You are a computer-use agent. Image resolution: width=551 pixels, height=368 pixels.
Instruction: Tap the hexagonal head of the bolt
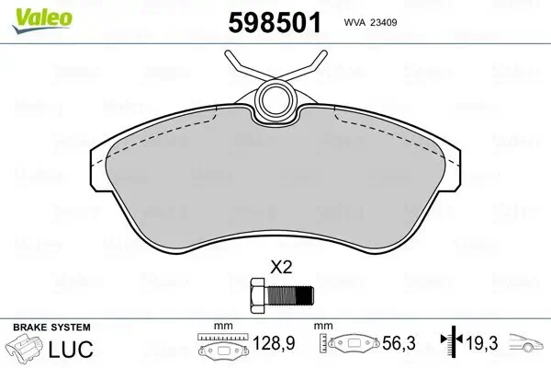pos(256,296)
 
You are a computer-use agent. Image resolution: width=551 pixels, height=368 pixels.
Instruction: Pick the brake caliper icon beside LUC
pos(26,350)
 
